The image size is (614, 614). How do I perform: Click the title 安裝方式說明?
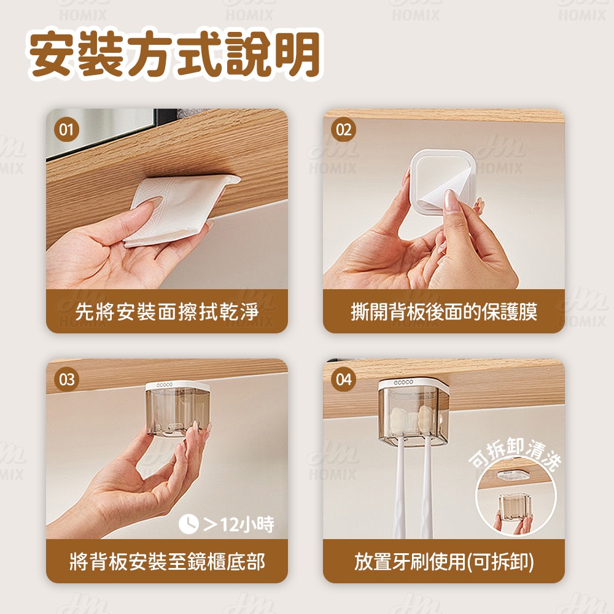(x=175, y=55)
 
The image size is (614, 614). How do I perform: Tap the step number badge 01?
(x=66, y=130)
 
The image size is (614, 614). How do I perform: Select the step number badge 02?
(x=344, y=130)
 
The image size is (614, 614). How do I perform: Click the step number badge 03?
(x=66, y=379)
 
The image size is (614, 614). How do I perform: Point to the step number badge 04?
(x=344, y=379)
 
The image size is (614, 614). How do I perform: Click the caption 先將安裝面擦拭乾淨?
(x=166, y=312)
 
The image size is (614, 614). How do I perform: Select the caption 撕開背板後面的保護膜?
(x=443, y=312)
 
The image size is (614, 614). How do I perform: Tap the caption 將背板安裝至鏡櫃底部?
(x=166, y=561)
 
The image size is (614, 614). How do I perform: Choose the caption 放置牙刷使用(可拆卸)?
(x=443, y=561)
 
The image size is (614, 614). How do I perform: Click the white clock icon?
(x=188, y=524)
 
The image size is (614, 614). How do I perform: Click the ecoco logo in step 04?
(x=404, y=383)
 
